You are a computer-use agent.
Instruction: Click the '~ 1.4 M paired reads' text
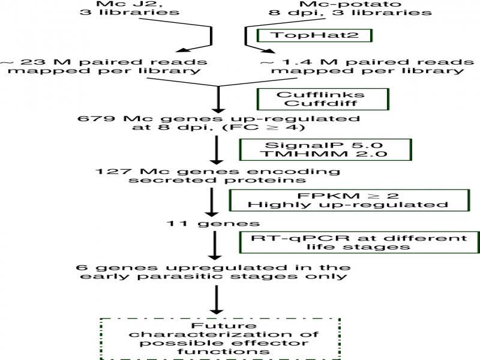(x=362, y=62)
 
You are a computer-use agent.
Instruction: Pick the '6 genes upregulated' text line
(x=213, y=266)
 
